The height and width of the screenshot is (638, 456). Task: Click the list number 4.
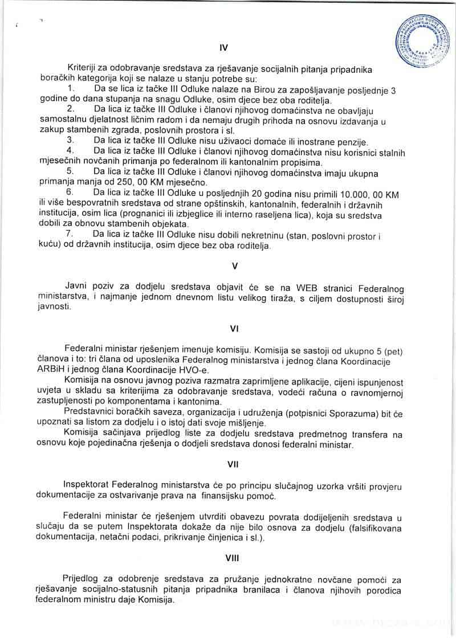70,151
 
